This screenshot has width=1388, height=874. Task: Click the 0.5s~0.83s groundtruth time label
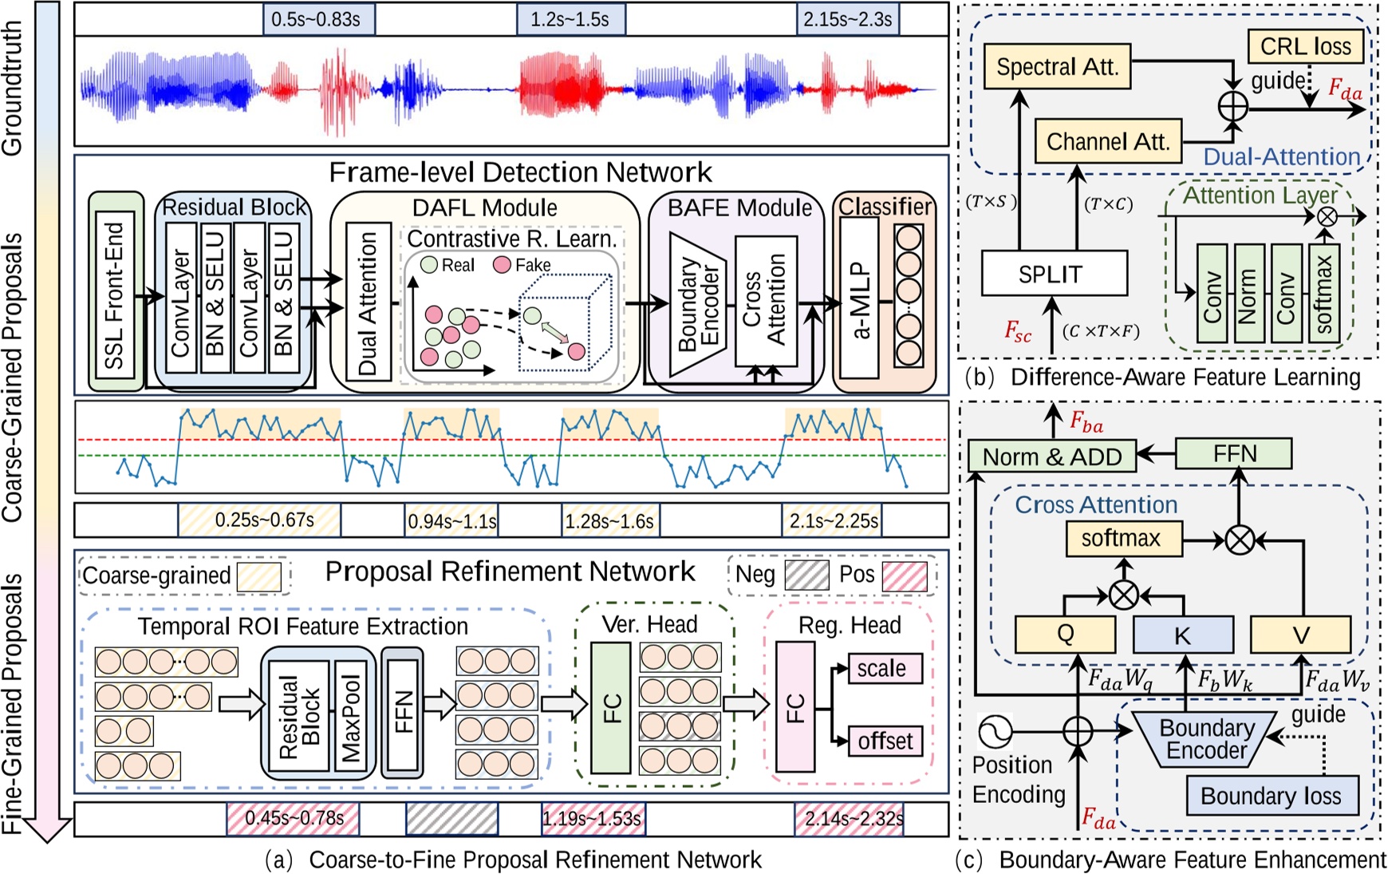[x=318, y=19]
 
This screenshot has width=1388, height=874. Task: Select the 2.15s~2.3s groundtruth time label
[x=847, y=19]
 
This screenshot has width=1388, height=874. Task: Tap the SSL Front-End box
[x=116, y=292]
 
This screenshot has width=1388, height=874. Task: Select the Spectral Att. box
[x=1057, y=66]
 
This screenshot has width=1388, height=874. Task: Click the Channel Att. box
[x=1107, y=141]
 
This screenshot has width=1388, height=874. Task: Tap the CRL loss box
[x=1305, y=46]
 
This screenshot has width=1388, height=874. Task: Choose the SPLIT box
[x=1054, y=274]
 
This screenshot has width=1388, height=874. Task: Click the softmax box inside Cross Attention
[x=1123, y=539]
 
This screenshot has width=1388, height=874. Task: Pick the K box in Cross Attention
[x=1182, y=635]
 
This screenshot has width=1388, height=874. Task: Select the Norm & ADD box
[x=1052, y=457]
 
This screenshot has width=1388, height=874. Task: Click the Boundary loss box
[x=1271, y=796]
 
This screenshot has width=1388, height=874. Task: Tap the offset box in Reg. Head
[x=885, y=742]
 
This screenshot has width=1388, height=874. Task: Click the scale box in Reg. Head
[x=881, y=668]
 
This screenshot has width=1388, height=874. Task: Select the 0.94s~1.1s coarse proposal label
[x=451, y=521]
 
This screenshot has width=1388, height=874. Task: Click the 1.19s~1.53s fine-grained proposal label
[x=592, y=819]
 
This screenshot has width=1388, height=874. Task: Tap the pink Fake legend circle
[x=502, y=264]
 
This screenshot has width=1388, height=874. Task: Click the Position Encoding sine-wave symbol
[x=995, y=730]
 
